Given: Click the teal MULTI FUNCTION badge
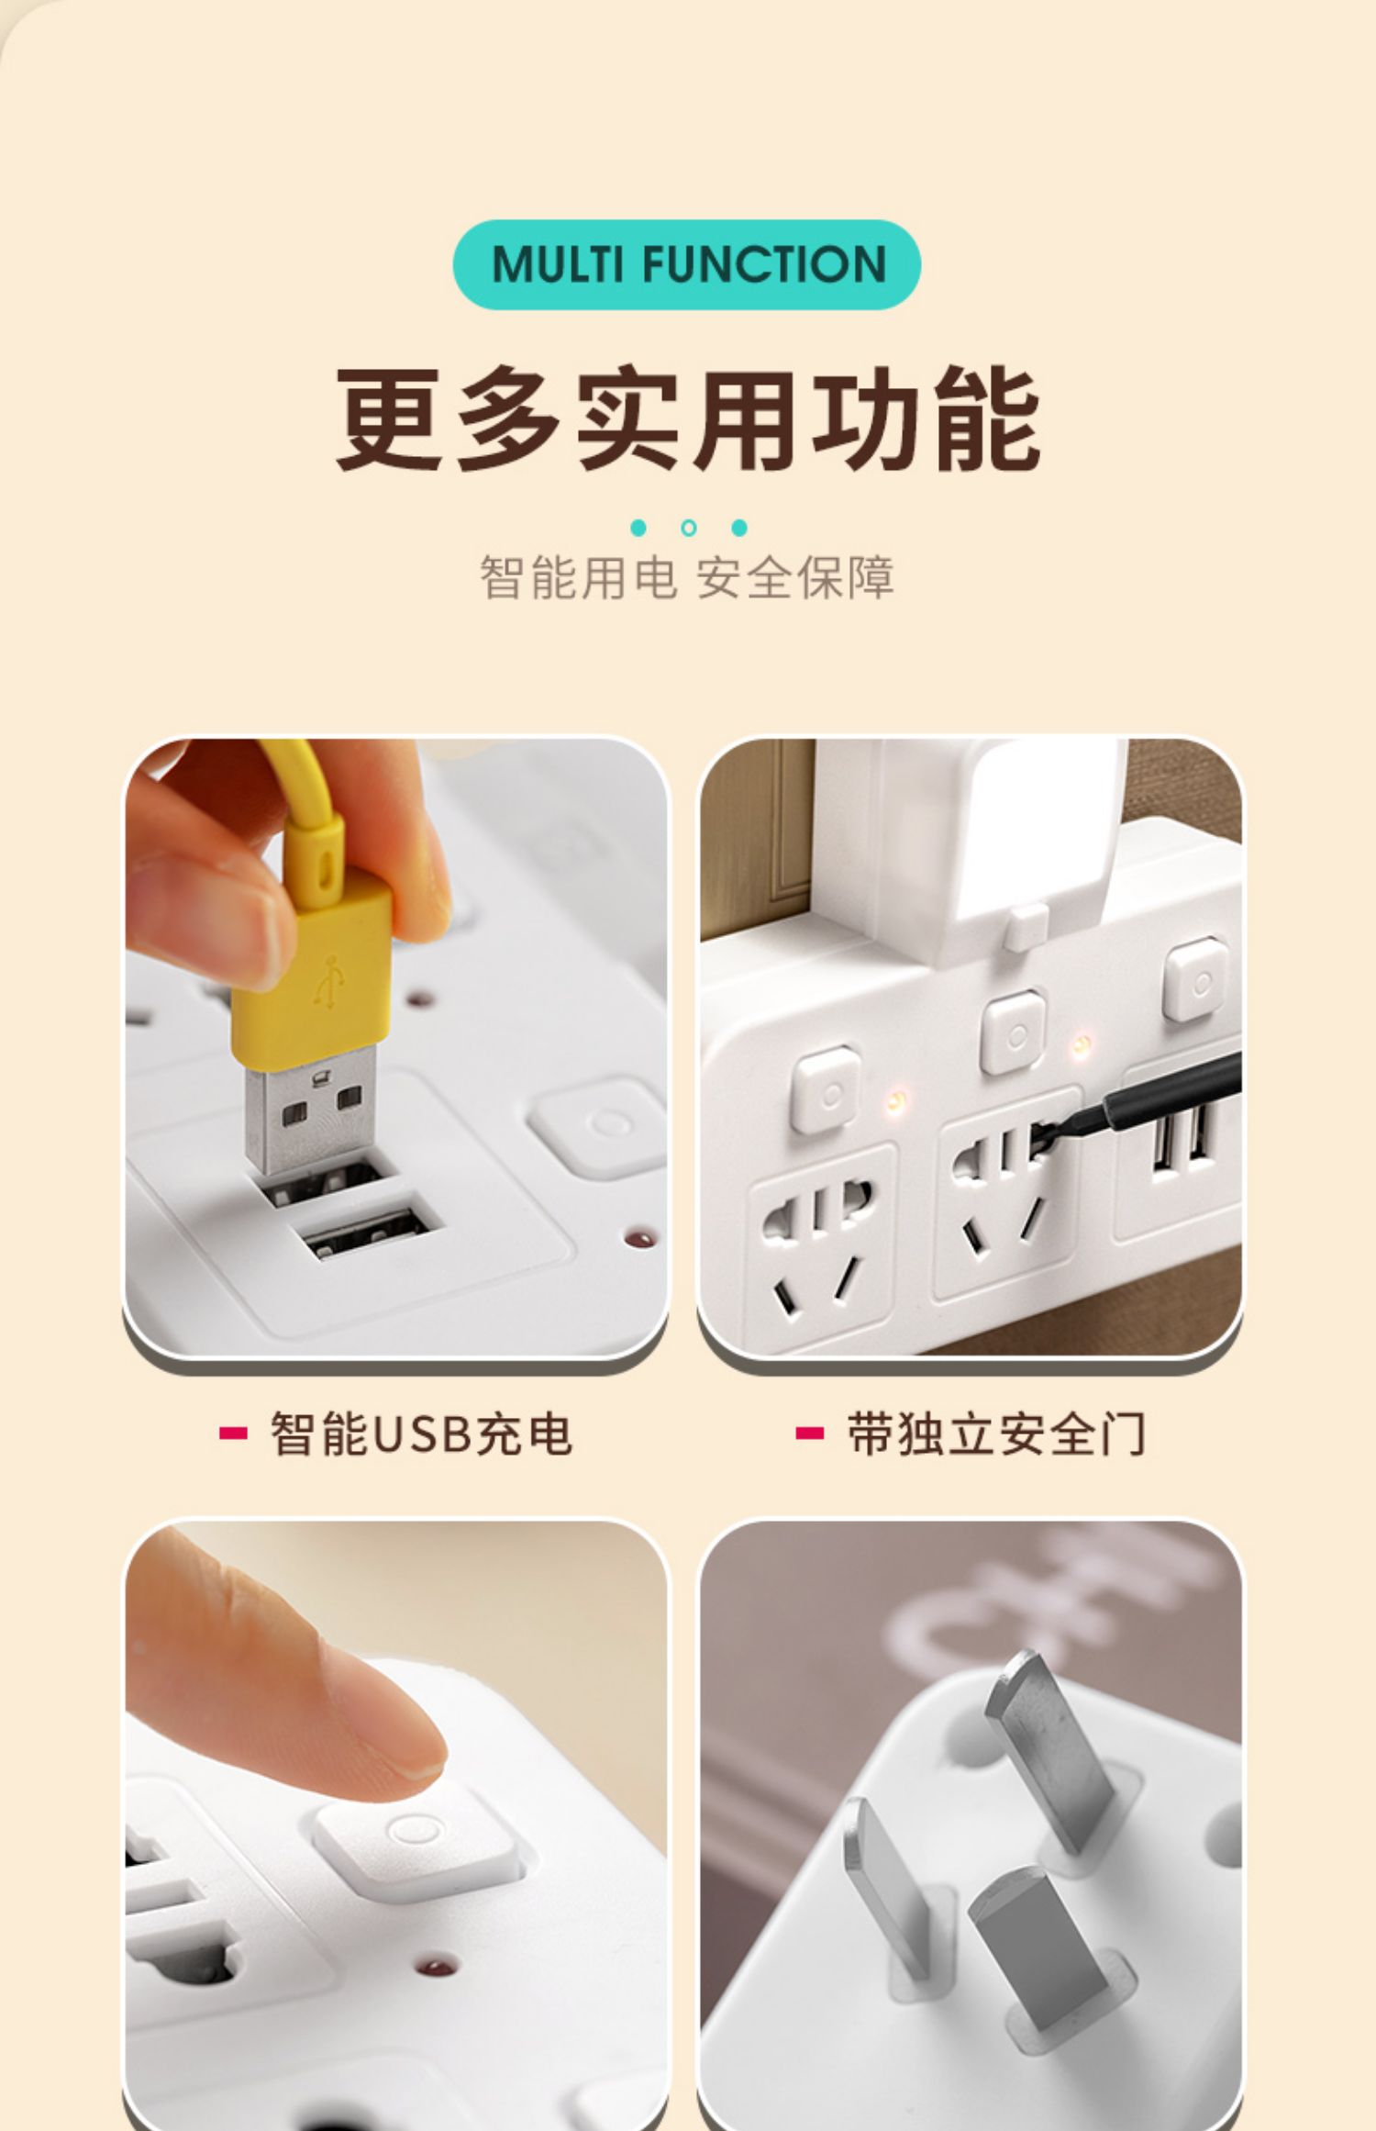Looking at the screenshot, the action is (x=686, y=264).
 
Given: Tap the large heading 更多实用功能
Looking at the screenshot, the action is (x=688, y=419).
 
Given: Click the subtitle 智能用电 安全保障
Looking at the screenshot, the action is (x=687, y=577).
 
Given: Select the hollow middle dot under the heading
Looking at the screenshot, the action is (x=689, y=528).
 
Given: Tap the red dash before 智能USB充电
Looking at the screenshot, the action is (x=233, y=1434).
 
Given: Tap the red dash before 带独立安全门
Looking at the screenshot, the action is (x=809, y=1434).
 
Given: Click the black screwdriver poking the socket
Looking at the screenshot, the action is (x=1137, y=1101).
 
